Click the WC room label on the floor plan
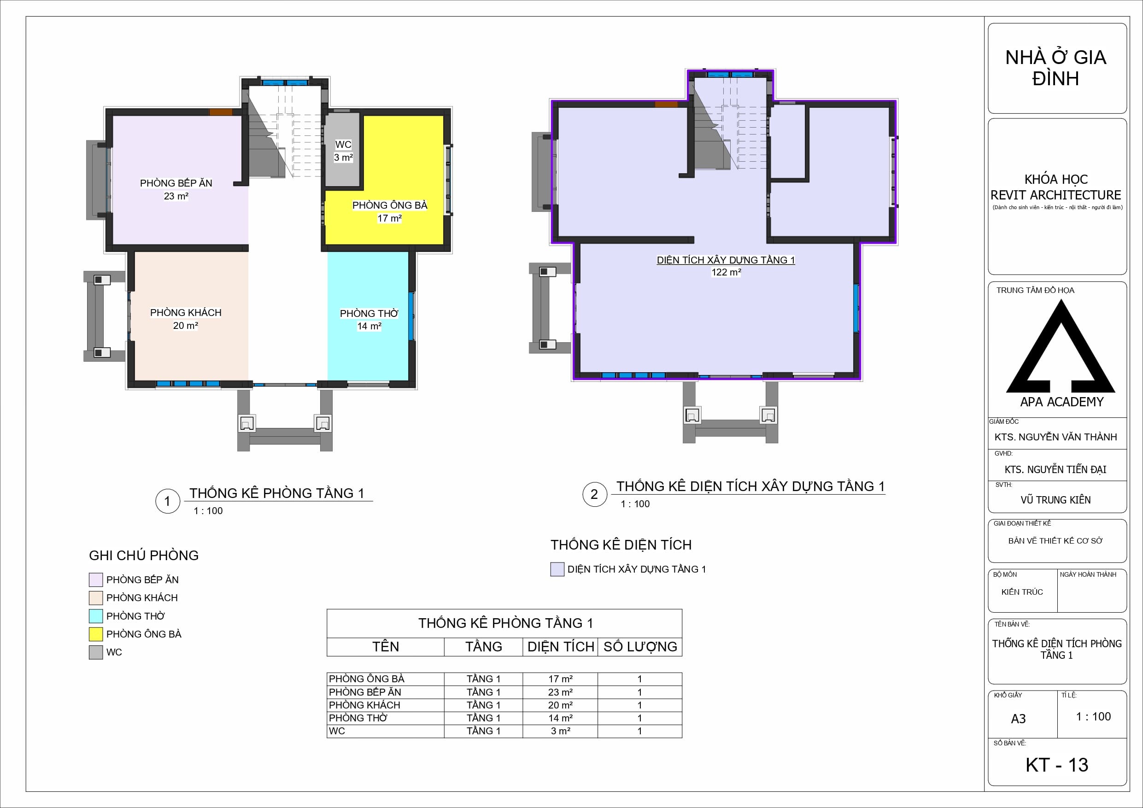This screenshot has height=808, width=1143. coord(343,145)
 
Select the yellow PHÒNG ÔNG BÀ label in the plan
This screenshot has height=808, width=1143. coord(390,205)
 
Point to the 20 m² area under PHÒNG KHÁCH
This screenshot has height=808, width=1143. coord(185,326)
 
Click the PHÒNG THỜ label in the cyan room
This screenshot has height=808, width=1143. coord(369,314)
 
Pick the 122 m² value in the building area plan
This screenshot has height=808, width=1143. coord(726,272)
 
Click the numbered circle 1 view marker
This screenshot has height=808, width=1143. coord(168,501)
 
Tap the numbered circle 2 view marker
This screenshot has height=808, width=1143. coord(594,494)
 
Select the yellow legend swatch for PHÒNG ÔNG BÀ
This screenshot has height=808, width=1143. coord(95,634)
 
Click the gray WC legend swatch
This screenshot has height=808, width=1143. coord(95,652)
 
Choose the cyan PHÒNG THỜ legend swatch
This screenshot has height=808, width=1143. coord(95,616)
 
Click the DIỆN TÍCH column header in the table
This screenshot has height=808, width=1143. coord(561,647)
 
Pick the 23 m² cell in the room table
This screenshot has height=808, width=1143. coord(560,692)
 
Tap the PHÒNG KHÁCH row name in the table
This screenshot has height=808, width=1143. coord(364,705)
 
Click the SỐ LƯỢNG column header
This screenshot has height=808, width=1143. coord(640,647)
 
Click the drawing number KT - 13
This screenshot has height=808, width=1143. coord(1057,765)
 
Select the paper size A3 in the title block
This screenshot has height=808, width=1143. coord(1018,719)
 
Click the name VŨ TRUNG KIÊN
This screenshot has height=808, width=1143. coord(1055,500)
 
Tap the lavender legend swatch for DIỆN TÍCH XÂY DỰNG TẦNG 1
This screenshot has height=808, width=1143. coord(557,569)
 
